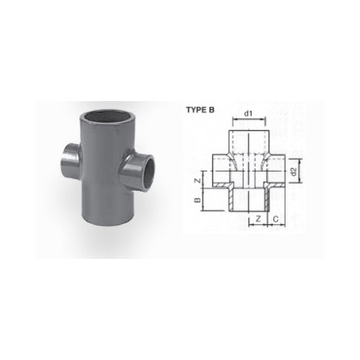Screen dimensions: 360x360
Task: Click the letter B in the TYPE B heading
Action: (x=212, y=110)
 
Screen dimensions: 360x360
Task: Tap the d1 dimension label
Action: (x=248, y=113)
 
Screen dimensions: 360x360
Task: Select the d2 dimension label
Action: (x=294, y=172)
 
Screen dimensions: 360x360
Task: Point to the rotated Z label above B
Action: (x=198, y=180)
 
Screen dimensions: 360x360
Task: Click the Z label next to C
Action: (x=258, y=219)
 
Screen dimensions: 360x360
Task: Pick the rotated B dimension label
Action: (x=197, y=200)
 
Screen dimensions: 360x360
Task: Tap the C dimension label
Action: (x=275, y=219)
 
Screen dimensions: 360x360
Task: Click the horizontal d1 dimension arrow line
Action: (x=249, y=118)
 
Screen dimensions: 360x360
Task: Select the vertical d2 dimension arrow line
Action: (x=300, y=171)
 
